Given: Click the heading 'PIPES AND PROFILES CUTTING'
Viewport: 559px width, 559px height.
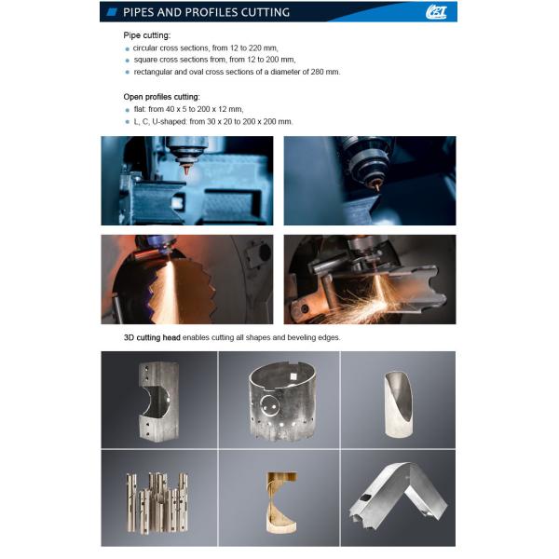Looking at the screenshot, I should tap(206, 12).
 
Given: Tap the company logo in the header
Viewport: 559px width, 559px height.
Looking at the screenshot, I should tap(436, 12).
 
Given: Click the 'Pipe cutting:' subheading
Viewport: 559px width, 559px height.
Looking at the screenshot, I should tap(148, 34).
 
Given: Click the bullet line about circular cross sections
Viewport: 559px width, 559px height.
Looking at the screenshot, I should tap(205, 47).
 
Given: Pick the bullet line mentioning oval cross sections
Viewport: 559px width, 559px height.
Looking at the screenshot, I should tap(237, 71).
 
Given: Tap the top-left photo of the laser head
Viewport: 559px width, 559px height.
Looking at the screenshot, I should tap(186, 181).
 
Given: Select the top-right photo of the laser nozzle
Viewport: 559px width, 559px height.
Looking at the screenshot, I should tap(369, 181).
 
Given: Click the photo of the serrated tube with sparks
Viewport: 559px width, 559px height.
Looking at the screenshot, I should tap(186, 279).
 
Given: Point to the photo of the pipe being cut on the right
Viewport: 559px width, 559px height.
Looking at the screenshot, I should tap(369, 279).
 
